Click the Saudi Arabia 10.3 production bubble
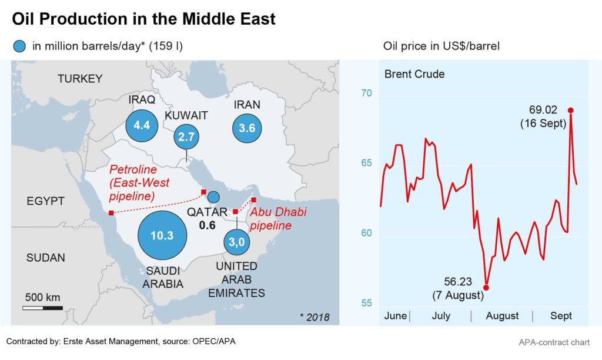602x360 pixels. coord(162,236)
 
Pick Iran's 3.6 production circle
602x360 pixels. coord(247,128)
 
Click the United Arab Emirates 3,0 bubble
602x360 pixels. coord(237,241)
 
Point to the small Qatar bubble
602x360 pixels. coord(214,196)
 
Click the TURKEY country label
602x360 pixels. coord(80,79)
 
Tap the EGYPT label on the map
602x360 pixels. coord(45,201)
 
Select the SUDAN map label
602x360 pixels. coord(46,258)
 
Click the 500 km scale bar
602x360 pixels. coord(42,308)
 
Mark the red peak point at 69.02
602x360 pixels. coord(570,110)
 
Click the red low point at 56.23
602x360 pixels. coord(486,288)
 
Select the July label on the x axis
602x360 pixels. coord(441,316)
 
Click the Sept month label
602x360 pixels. coord(561,316)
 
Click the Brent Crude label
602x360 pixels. coord(414,74)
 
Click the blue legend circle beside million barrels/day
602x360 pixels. coord(21,46)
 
